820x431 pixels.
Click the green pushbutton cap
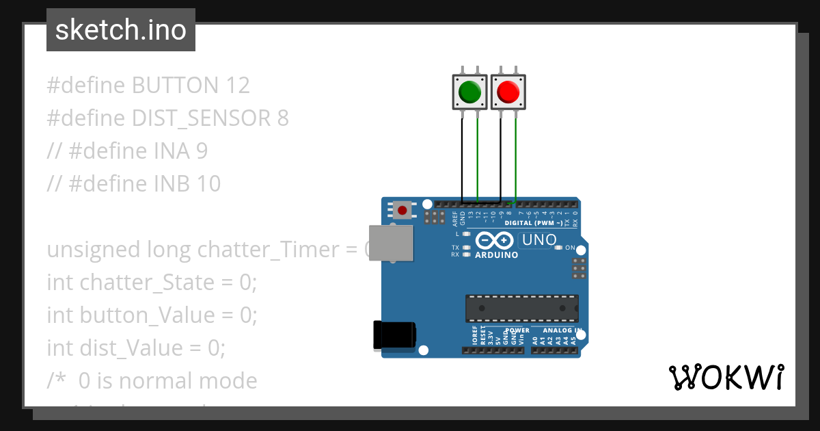pos(470,91)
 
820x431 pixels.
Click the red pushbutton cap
pos(508,91)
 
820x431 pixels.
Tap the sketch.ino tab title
pos(121,30)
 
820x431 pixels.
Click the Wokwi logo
pos(726,377)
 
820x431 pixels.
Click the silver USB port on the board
pos(391,243)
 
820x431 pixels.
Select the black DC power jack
pos(394,335)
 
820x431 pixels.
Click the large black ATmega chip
pos(522,309)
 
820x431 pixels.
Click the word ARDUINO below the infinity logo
pos(496,255)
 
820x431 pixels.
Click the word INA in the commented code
pos(172,151)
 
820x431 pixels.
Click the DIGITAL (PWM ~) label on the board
pos(534,223)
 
